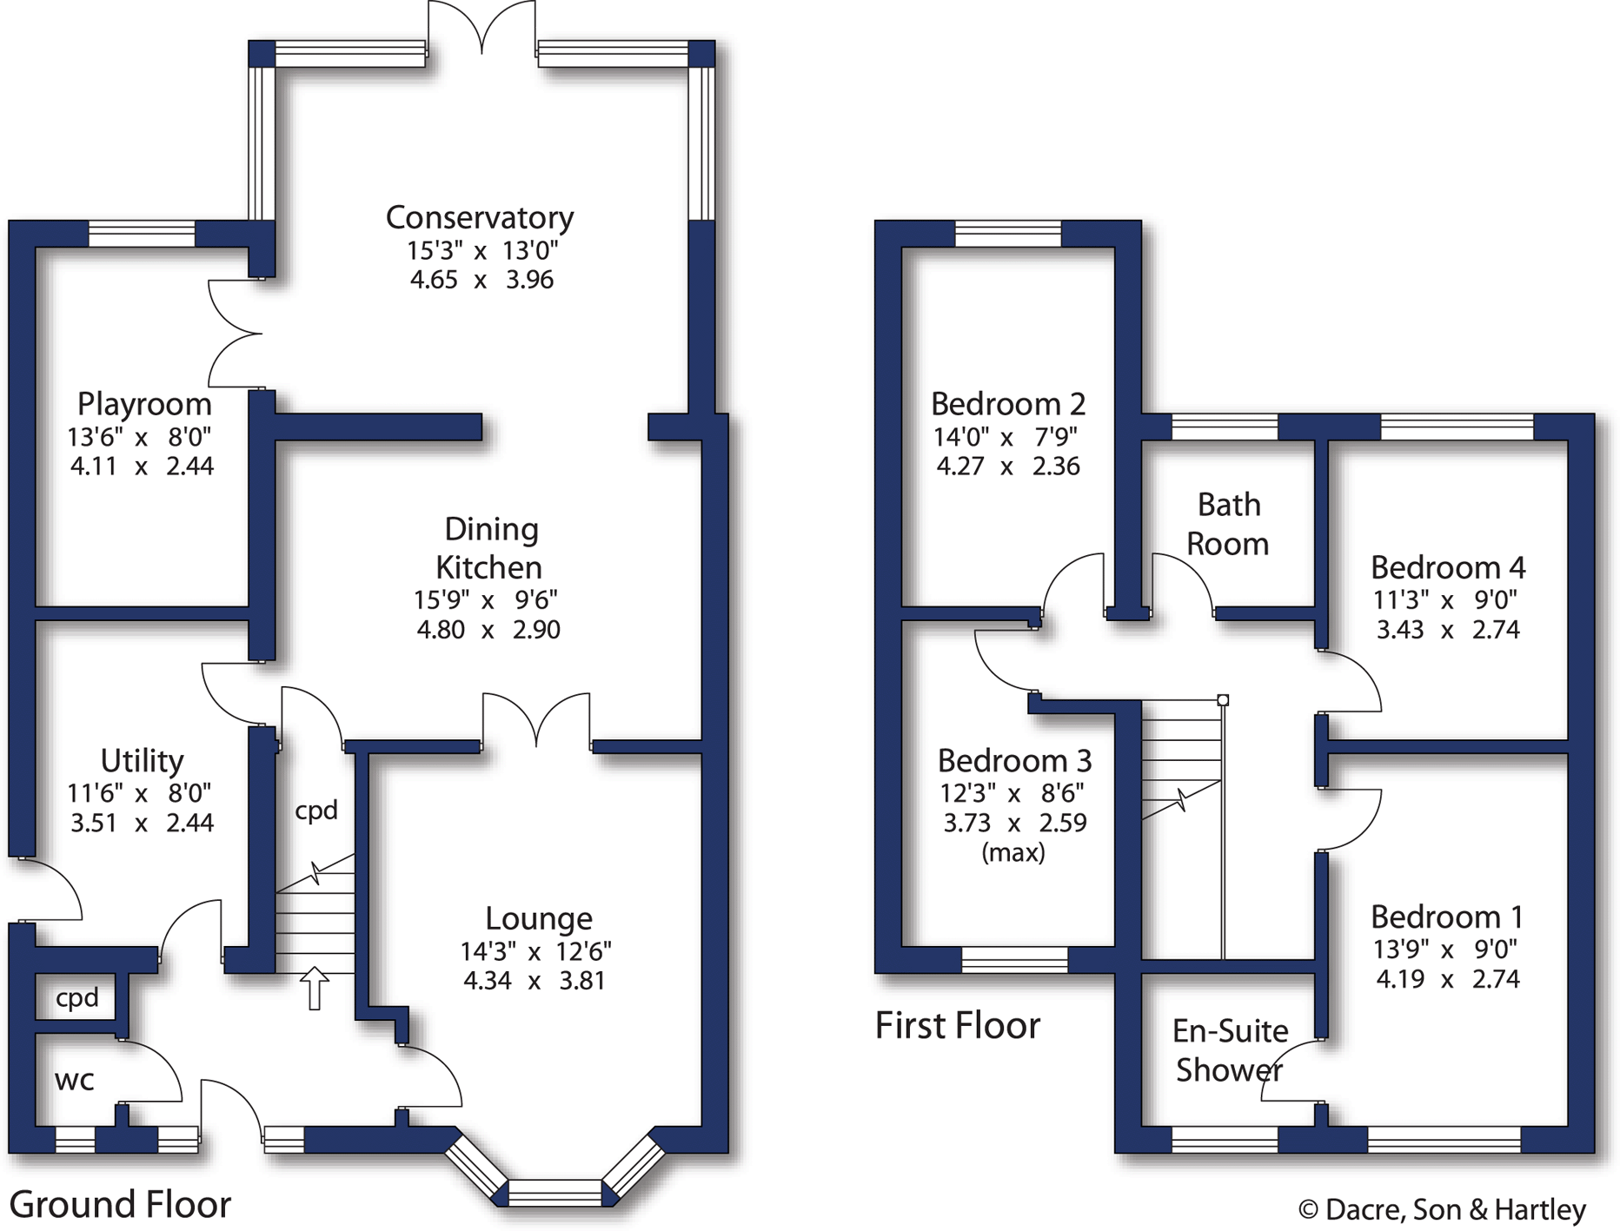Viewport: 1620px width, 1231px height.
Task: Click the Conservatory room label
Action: coord(480,217)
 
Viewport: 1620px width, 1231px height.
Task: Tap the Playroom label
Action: coord(144,404)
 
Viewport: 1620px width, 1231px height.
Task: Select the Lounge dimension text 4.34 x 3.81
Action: coord(534,981)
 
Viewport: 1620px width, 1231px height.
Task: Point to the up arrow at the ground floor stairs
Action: coord(314,988)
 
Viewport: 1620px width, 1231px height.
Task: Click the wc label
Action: coord(75,1080)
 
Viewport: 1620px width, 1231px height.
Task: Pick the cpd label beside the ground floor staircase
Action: coord(316,810)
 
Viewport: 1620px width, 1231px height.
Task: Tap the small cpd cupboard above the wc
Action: coord(77,997)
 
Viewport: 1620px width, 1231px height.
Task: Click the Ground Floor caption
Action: coord(120,1204)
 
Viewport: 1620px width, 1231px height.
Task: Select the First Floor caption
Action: coord(957,1025)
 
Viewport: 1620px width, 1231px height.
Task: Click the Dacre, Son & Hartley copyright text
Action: coord(1442,1209)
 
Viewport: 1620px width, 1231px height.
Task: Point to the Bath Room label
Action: coord(1228,524)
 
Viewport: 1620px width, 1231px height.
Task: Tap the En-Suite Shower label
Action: coord(1230,1050)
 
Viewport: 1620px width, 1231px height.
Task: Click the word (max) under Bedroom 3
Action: coord(1013,852)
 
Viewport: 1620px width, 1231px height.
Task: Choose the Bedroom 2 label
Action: coord(1008,404)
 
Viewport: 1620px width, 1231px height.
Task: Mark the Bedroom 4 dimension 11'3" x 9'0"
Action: coord(1445,599)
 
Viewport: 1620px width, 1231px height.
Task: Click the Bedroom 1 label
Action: coord(1447,917)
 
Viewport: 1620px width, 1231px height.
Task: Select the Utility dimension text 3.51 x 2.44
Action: coord(142,823)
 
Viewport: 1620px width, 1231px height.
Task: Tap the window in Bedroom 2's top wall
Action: coord(1008,234)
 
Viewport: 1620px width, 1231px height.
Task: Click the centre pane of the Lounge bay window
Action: coord(554,1193)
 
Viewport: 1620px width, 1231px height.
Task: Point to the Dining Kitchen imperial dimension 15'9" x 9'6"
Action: coord(486,599)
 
